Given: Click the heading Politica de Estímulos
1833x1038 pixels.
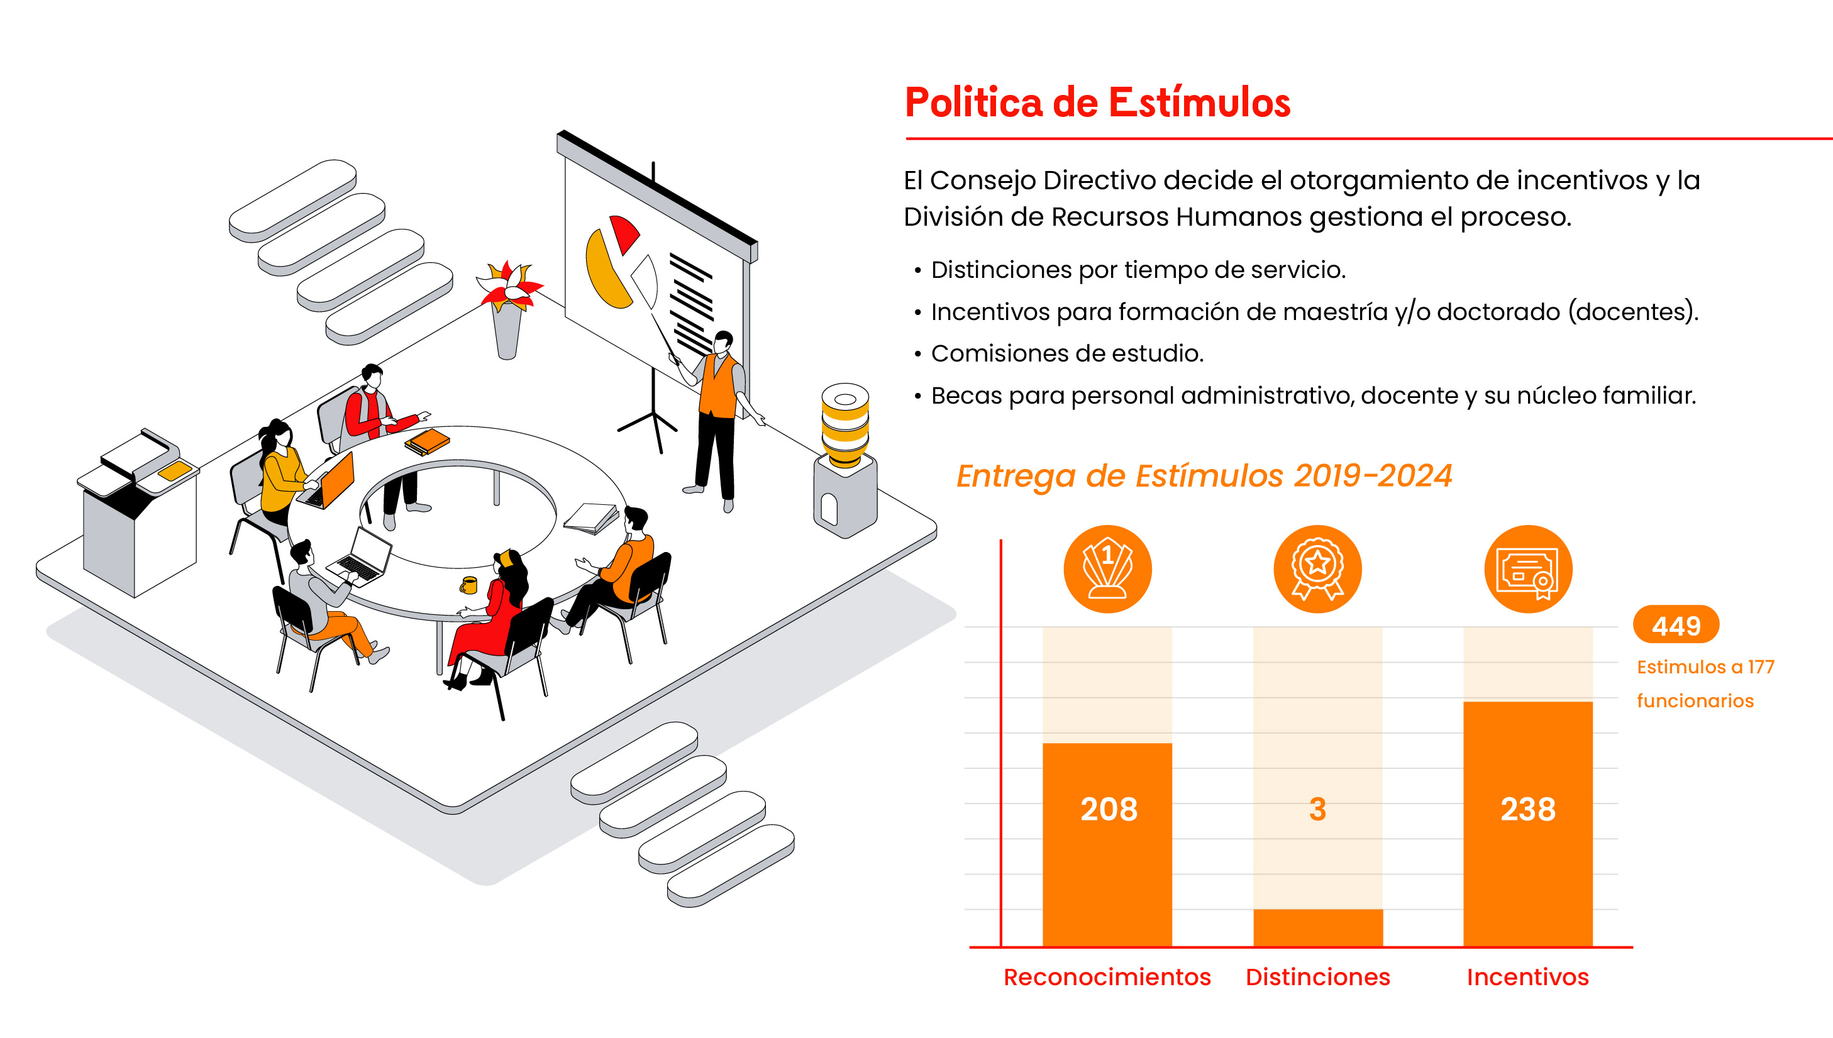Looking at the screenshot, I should (x=1097, y=102).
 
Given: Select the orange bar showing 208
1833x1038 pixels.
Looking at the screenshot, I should (x=1107, y=844).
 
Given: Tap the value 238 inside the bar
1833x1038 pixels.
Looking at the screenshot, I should (x=1527, y=809).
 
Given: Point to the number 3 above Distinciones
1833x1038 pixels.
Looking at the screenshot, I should (x=1317, y=809).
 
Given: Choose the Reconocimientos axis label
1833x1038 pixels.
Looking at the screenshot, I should (x=1107, y=976).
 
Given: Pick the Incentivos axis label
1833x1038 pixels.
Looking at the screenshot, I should (x=1527, y=976).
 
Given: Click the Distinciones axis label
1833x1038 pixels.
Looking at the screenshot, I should (x=1317, y=976).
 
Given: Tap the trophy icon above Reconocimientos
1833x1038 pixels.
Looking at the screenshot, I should (x=1107, y=569).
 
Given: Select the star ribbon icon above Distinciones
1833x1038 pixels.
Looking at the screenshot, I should (x=1317, y=569).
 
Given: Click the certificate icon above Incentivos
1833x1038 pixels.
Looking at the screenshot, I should (x=1528, y=569).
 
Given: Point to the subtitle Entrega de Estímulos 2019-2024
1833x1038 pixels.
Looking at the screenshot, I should (x=1204, y=475).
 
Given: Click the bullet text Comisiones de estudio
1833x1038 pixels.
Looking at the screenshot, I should (x=1066, y=353).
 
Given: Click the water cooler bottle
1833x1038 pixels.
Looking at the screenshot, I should (x=845, y=424).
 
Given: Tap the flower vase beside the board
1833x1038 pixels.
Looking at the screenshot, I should (x=507, y=314).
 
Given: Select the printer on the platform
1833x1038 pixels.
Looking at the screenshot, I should (x=139, y=510).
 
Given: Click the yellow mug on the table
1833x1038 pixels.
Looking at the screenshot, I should (x=468, y=585).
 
